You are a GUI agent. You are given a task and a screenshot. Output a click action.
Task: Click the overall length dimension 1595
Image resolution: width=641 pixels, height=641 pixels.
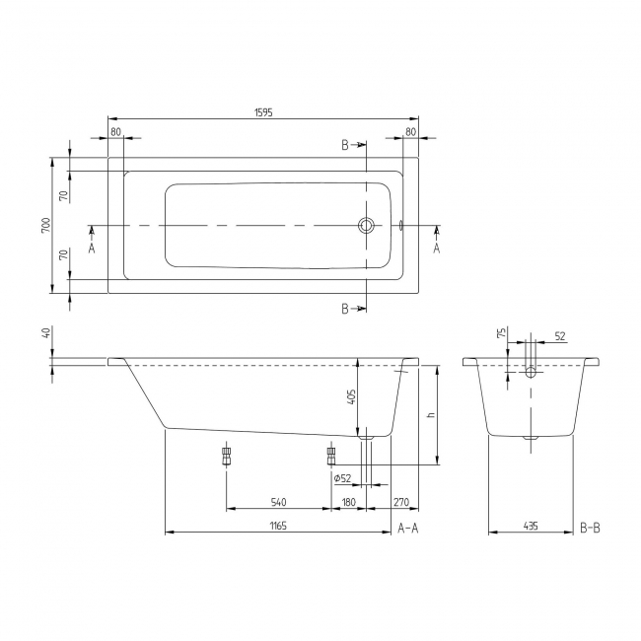261,112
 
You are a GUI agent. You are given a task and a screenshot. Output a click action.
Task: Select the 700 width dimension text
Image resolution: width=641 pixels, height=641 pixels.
45,225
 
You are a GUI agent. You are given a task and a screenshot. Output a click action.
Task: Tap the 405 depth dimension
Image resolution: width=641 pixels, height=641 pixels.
352,398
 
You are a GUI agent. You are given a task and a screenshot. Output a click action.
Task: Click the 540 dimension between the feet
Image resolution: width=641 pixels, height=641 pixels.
278,502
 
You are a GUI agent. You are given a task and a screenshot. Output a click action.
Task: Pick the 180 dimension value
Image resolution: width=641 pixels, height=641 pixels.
348,502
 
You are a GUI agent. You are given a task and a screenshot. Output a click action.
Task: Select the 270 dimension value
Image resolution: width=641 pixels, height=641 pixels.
401,502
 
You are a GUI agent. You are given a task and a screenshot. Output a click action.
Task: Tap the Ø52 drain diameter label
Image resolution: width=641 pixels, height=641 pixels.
343,478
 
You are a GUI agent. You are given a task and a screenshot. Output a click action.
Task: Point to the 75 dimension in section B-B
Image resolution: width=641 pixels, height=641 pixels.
501,333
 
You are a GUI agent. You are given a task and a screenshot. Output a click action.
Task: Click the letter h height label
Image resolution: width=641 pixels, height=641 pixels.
430,414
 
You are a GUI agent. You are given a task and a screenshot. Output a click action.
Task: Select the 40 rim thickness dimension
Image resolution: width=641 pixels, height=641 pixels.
45,333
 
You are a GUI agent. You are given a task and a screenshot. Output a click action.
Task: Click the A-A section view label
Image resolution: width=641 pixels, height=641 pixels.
408,529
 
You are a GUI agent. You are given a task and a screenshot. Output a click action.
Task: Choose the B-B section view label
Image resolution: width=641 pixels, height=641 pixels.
590,529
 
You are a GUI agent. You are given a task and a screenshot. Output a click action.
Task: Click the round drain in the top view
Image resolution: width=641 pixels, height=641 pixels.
366,226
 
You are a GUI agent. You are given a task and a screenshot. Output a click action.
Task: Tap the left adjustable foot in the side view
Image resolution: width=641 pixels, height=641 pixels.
227,455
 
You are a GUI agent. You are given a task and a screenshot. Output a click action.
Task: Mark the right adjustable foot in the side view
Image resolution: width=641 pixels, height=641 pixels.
331,455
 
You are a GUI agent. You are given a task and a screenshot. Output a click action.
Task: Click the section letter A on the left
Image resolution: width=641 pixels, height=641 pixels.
92,248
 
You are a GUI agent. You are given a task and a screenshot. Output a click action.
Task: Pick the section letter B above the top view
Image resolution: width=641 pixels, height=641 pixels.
345,145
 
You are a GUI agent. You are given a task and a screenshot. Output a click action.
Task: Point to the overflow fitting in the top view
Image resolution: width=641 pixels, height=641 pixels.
401,226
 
